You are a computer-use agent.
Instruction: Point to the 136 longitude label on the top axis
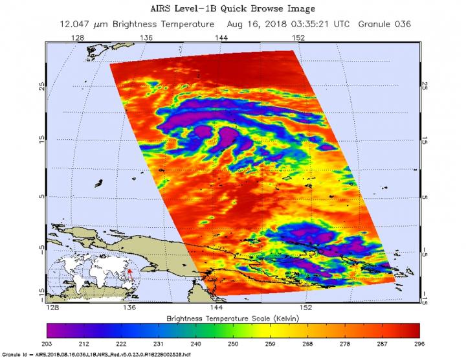tap(146, 38)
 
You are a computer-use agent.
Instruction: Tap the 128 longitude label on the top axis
tap(78, 38)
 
